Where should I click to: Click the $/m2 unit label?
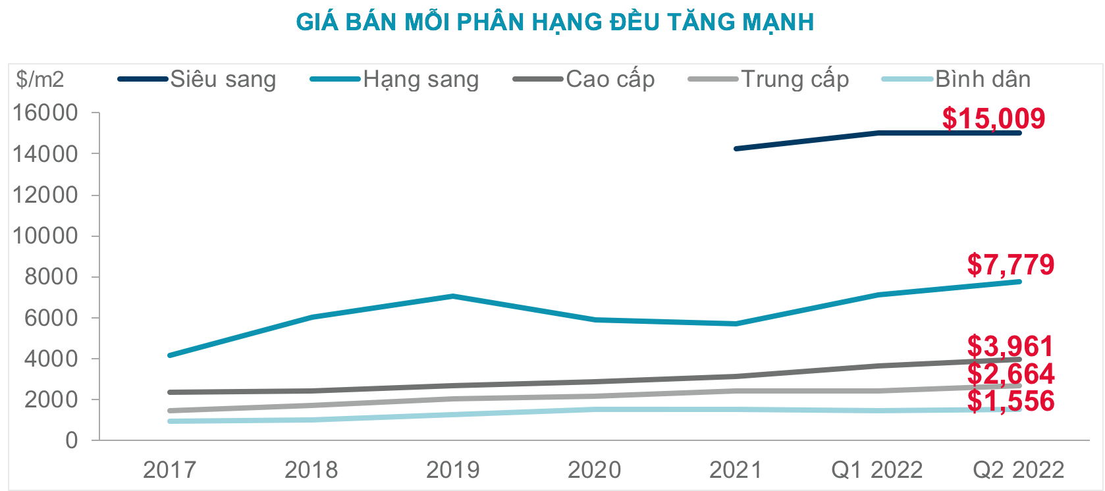pyautogui.click(x=41, y=80)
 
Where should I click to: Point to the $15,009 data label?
pyautogui.click(x=993, y=118)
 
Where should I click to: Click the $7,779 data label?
pyautogui.click(x=1010, y=265)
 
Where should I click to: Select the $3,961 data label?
pyautogui.click(x=1010, y=346)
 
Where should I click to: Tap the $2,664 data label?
pyautogui.click(x=1010, y=374)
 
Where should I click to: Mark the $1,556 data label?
pyautogui.click(x=1010, y=401)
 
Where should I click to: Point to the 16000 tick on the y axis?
pyautogui.click(x=45, y=113)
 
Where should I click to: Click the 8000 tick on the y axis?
pyautogui.click(x=51, y=276)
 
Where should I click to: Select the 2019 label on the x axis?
pyautogui.click(x=452, y=470)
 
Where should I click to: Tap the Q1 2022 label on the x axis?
pyautogui.click(x=876, y=470)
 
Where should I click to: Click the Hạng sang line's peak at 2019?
pyautogui.click(x=453, y=296)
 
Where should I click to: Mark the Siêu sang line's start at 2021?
pyautogui.click(x=736, y=149)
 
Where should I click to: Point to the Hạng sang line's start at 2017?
pyautogui.click(x=170, y=355)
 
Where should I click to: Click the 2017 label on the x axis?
pyautogui.click(x=169, y=470)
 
